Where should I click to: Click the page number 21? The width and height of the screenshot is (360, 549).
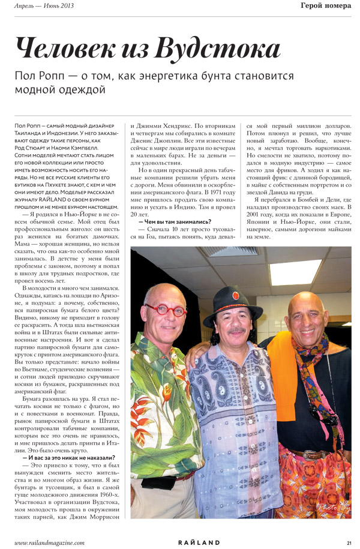349,542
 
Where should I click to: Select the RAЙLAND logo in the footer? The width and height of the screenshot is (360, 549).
199,542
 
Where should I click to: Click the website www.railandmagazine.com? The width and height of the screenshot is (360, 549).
49,542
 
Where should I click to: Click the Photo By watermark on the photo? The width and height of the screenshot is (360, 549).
333,508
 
